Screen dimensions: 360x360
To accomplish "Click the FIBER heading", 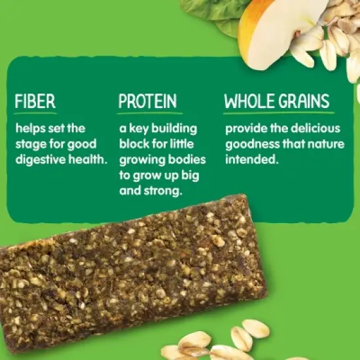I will click(x=35, y=102).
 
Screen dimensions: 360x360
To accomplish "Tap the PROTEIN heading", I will click(x=147, y=102).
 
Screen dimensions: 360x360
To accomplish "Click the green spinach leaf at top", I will click(x=209, y=10).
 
